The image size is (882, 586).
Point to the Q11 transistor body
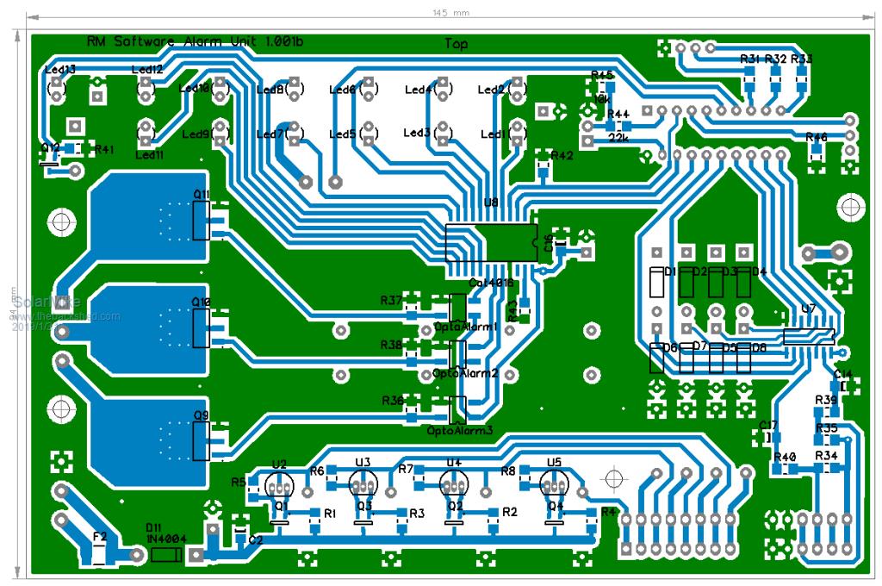coord(201,221)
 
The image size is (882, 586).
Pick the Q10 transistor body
coord(201,328)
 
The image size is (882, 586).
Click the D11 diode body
coord(165,555)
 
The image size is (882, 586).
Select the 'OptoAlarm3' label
coord(460,429)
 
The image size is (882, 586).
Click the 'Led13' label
coord(59,69)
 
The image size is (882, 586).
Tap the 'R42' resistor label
coord(562,156)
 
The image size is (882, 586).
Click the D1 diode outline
coord(656,282)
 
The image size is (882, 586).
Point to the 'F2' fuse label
coord(100,536)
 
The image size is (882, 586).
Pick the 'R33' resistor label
coord(802,59)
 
